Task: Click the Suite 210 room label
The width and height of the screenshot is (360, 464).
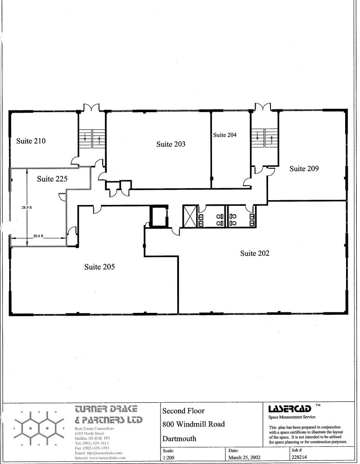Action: pos(31,141)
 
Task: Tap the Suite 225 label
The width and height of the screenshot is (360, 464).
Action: pos(52,179)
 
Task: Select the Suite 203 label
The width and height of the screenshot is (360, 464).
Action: pos(171,144)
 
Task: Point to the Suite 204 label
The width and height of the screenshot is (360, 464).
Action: pos(225,135)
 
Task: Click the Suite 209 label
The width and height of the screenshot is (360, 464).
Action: pos(304,169)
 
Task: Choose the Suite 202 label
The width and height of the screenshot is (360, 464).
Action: pos(255,253)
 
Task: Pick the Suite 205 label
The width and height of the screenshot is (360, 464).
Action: pos(99,267)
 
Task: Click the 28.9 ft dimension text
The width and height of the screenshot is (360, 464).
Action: pos(26,208)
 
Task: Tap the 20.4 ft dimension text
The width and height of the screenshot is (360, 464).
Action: pos(38,236)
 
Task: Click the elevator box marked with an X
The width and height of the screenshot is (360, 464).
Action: pos(190,216)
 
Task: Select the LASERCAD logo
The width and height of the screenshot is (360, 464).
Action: pos(289,409)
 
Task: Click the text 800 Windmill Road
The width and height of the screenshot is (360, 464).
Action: pos(193,424)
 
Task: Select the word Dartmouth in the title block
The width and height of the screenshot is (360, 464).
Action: pos(179,439)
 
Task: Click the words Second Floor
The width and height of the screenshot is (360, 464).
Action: pos(183,411)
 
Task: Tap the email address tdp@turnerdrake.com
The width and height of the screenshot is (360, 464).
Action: pos(98,452)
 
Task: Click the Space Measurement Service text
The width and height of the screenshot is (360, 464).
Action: pos(292,417)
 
